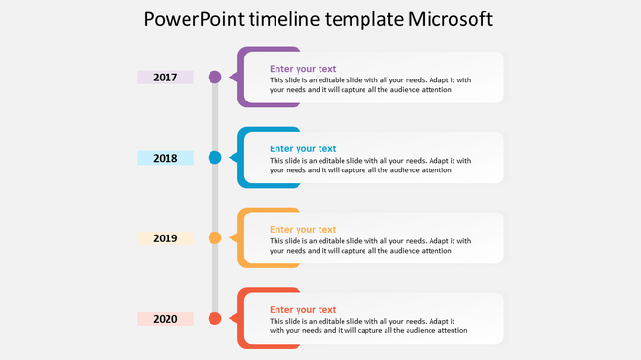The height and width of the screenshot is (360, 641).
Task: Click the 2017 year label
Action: (166, 78)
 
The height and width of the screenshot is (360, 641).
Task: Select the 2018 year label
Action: (166, 158)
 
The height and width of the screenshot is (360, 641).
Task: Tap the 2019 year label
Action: (166, 238)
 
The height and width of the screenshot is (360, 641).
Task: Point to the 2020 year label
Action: (166, 319)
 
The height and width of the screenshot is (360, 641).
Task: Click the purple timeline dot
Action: (215, 77)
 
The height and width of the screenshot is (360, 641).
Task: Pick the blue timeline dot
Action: (215, 157)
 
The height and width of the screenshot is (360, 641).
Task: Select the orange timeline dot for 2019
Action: (215, 237)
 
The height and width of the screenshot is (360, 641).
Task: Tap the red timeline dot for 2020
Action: (215, 318)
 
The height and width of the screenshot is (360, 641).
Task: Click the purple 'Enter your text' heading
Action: (302, 69)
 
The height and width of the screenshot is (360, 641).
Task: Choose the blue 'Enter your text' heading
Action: (302, 149)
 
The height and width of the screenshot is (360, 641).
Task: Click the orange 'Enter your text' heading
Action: (302, 230)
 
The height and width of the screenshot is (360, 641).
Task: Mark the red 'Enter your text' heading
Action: (302, 310)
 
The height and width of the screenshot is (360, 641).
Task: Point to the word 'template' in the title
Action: (361, 19)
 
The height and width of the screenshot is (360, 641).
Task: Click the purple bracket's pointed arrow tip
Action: (231, 77)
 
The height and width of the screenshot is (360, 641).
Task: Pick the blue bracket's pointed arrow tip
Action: (231, 157)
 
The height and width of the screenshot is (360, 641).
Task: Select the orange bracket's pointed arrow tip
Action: (231, 237)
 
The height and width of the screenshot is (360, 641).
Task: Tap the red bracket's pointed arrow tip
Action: (231, 318)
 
